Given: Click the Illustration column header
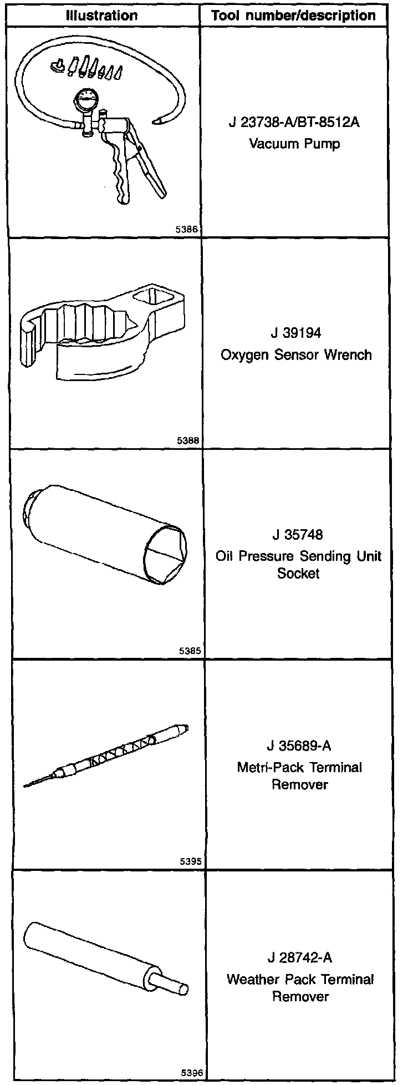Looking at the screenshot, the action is point(101,16).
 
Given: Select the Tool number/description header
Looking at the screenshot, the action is point(294,16).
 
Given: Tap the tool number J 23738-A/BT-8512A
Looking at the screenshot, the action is point(294,123).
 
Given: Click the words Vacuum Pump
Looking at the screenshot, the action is point(294,144).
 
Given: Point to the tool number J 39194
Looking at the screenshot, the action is point(296,333).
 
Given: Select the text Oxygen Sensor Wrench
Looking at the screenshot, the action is point(296,355).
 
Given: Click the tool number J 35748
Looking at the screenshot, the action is point(298,535).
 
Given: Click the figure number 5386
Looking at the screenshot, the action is point(188,228).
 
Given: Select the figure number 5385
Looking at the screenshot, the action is point(189,651).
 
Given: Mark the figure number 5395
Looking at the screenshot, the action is point(190,862).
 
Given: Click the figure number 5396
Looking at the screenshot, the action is point(190,1073).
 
